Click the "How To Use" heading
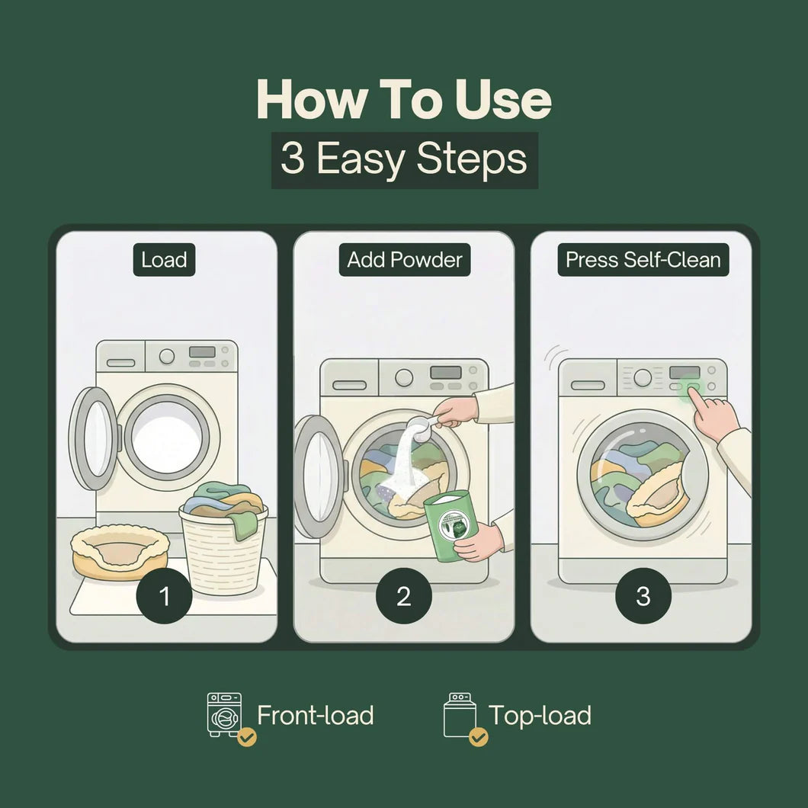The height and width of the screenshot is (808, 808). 404,99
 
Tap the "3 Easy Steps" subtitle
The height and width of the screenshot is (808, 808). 405,159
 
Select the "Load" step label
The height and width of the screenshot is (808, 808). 164,260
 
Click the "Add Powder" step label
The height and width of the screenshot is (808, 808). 405,260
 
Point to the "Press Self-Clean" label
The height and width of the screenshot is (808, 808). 643,260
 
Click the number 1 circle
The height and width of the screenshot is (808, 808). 164,596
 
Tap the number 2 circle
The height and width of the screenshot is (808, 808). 404,596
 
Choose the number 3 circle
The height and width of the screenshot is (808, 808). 643,596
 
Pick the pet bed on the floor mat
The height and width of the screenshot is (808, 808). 120,553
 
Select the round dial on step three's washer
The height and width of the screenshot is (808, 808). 643,378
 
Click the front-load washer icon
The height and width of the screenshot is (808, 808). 224,714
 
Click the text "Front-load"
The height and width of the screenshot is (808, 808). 316,715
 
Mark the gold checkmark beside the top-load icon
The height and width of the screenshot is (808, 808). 479,737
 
